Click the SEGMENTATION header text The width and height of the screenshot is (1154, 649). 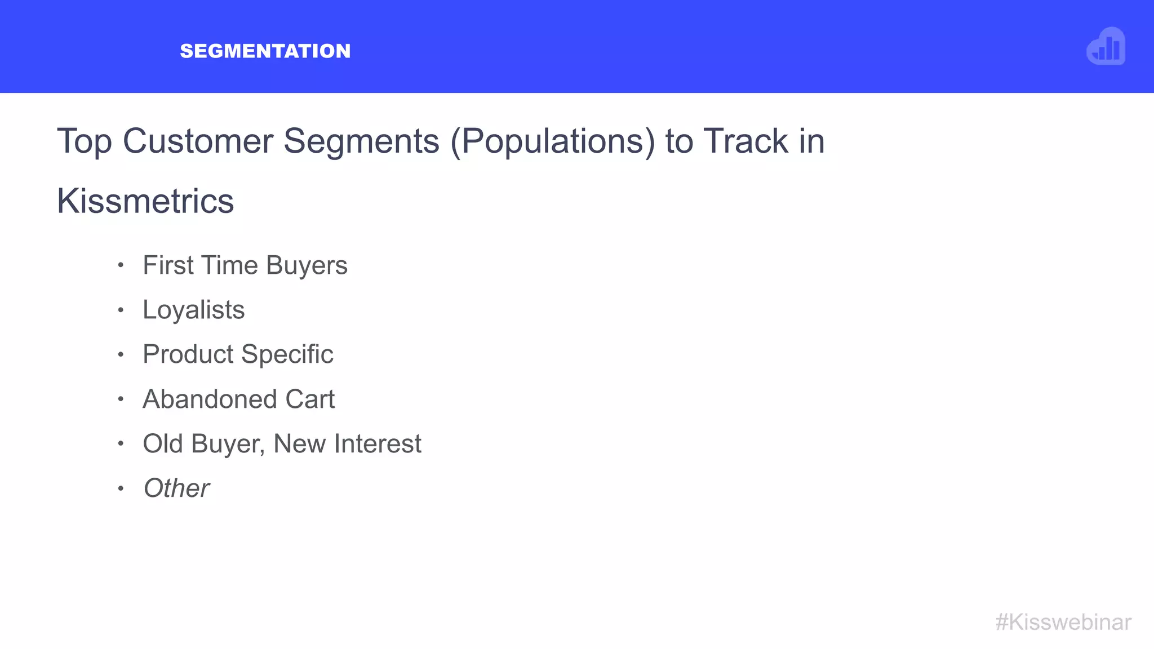pyautogui.click(x=265, y=51)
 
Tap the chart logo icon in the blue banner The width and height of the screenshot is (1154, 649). pyautogui.click(x=1106, y=47)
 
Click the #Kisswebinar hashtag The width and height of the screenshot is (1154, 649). pyautogui.click(x=1063, y=623)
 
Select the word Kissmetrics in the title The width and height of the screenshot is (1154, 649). pyautogui.click(x=145, y=201)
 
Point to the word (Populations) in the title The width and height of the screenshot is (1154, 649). pyautogui.click(x=553, y=141)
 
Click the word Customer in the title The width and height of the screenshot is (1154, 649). pyautogui.click(x=198, y=141)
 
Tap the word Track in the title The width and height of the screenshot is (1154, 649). pyautogui.click(x=745, y=141)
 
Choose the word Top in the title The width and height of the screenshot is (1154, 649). pyautogui.click(x=85, y=141)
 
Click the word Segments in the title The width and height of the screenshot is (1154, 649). pyautogui.click(x=361, y=141)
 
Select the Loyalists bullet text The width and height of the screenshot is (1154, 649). pyautogui.click(x=194, y=310)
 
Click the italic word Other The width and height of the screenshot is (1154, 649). pyautogui.click(x=176, y=488)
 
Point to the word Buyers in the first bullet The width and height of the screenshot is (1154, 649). pyautogui.click(x=307, y=265)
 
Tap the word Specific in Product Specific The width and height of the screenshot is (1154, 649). pyautogui.click(x=287, y=354)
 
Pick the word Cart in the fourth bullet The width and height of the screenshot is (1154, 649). pyautogui.click(x=310, y=399)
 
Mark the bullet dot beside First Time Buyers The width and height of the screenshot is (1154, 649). pyautogui.click(x=121, y=265)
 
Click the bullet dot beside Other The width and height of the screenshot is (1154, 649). pyautogui.click(x=121, y=488)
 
